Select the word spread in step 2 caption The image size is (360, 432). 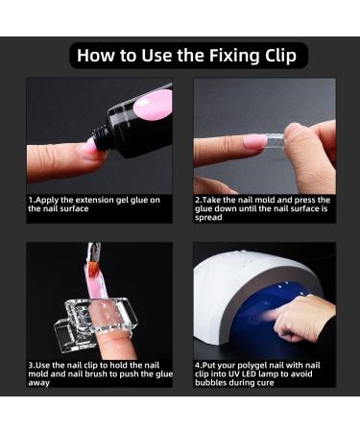pyautogui.click(x=209, y=217)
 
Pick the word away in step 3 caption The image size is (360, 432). pyautogui.click(x=40, y=382)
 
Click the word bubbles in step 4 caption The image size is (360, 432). pyautogui.click(x=211, y=382)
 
